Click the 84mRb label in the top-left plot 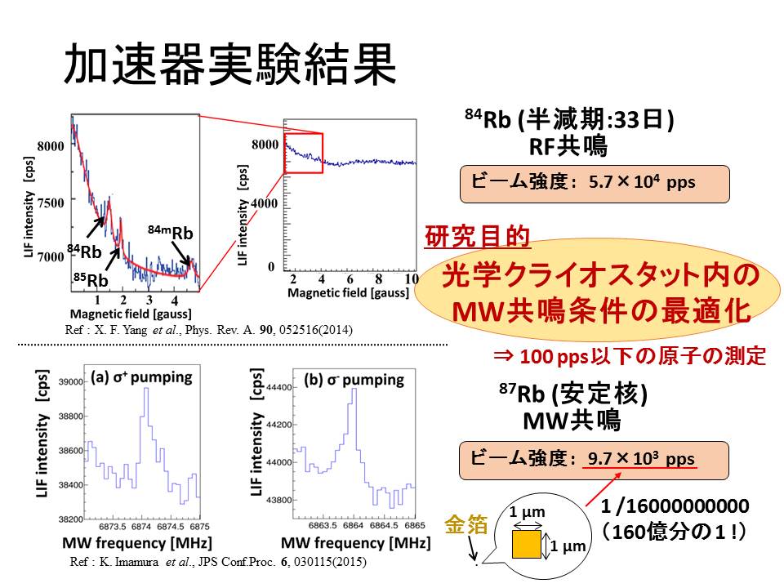170,233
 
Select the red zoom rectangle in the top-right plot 304,153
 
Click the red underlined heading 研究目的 478,238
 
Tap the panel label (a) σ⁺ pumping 141,377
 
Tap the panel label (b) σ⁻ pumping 354,380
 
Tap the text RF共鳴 568,147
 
